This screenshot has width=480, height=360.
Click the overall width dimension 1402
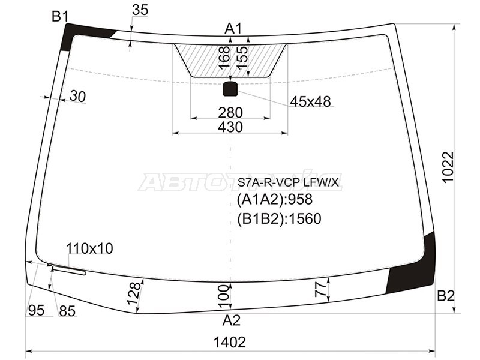pos(230,342)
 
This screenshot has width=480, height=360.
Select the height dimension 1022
pos(448,167)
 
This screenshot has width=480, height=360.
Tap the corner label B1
pos(60,16)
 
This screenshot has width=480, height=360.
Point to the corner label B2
pos(446,296)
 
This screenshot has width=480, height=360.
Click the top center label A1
pos(233,29)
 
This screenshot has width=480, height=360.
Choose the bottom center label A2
pos(232,320)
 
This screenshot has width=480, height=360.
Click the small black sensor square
pos(230,89)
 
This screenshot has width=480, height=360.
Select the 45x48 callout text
pos(310,101)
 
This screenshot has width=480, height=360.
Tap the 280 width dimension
pos(230,112)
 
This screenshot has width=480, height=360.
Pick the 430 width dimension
pos(230,127)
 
